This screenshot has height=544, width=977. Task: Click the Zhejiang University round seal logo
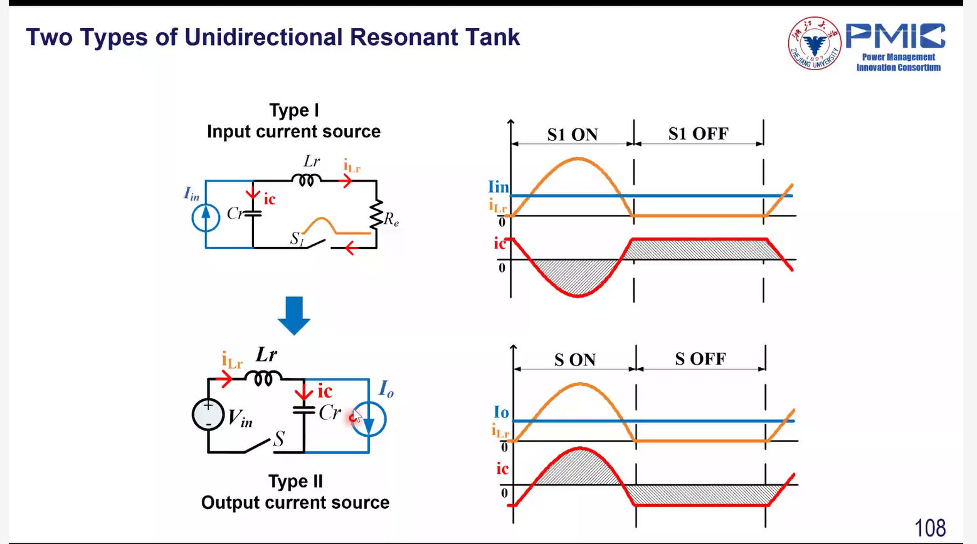[x=815, y=43]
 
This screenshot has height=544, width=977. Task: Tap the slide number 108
[x=930, y=528]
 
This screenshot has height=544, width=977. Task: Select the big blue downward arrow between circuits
[x=294, y=316]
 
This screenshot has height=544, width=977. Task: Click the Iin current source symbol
[x=206, y=217]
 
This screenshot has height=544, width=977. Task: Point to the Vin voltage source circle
[x=208, y=414]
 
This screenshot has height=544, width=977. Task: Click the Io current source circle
[x=369, y=419]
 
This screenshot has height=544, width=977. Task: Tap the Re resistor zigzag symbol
[x=376, y=214]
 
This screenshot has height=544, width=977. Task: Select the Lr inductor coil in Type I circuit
[x=306, y=180]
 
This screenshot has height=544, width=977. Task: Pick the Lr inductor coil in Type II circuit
[x=263, y=378]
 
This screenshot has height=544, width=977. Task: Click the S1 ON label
[x=573, y=134]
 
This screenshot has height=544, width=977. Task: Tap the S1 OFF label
[x=699, y=133]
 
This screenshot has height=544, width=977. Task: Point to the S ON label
[x=575, y=360]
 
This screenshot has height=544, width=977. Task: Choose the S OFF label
[x=700, y=358]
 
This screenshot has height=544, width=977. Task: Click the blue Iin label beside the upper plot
[x=499, y=187]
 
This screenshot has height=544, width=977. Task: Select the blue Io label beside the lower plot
[x=501, y=412]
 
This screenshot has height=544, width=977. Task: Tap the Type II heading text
[x=295, y=481]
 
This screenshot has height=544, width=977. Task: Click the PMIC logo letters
[x=895, y=36]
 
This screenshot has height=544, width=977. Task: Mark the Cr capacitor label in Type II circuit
[x=329, y=412]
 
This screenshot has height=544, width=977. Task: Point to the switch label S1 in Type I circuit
[x=297, y=238]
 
